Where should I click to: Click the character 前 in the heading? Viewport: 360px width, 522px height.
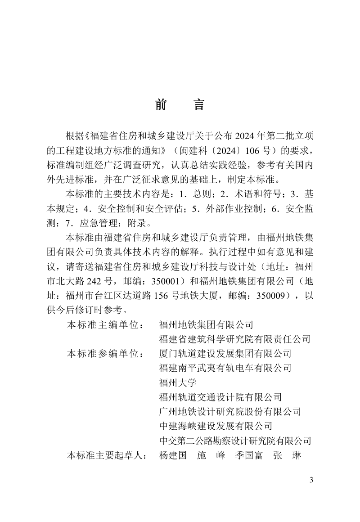tap(161, 105)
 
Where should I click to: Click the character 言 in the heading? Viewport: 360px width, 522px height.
tap(198, 105)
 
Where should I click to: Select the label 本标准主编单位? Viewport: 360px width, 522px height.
tap(104, 324)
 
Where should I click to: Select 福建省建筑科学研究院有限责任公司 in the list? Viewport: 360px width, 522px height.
tap(235, 339)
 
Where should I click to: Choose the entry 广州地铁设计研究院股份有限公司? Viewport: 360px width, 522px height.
tap(230, 412)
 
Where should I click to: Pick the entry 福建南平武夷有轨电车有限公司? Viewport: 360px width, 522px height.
tap(225, 368)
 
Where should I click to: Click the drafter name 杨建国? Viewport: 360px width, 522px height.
tap(173, 455)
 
